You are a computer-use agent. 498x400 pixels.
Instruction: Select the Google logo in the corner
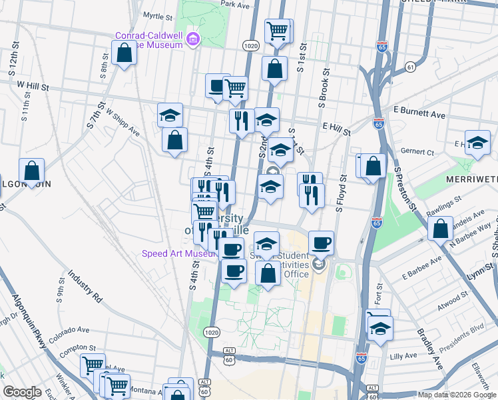click(22, 392)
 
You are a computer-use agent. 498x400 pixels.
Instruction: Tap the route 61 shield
click(410, 67)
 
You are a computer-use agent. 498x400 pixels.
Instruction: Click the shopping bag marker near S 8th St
click(124, 53)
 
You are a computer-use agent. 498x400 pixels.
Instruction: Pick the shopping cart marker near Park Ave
click(277, 30)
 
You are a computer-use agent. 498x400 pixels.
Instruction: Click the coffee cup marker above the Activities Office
click(321, 243)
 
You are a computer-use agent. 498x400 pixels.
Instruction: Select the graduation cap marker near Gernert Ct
click(477, 143)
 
